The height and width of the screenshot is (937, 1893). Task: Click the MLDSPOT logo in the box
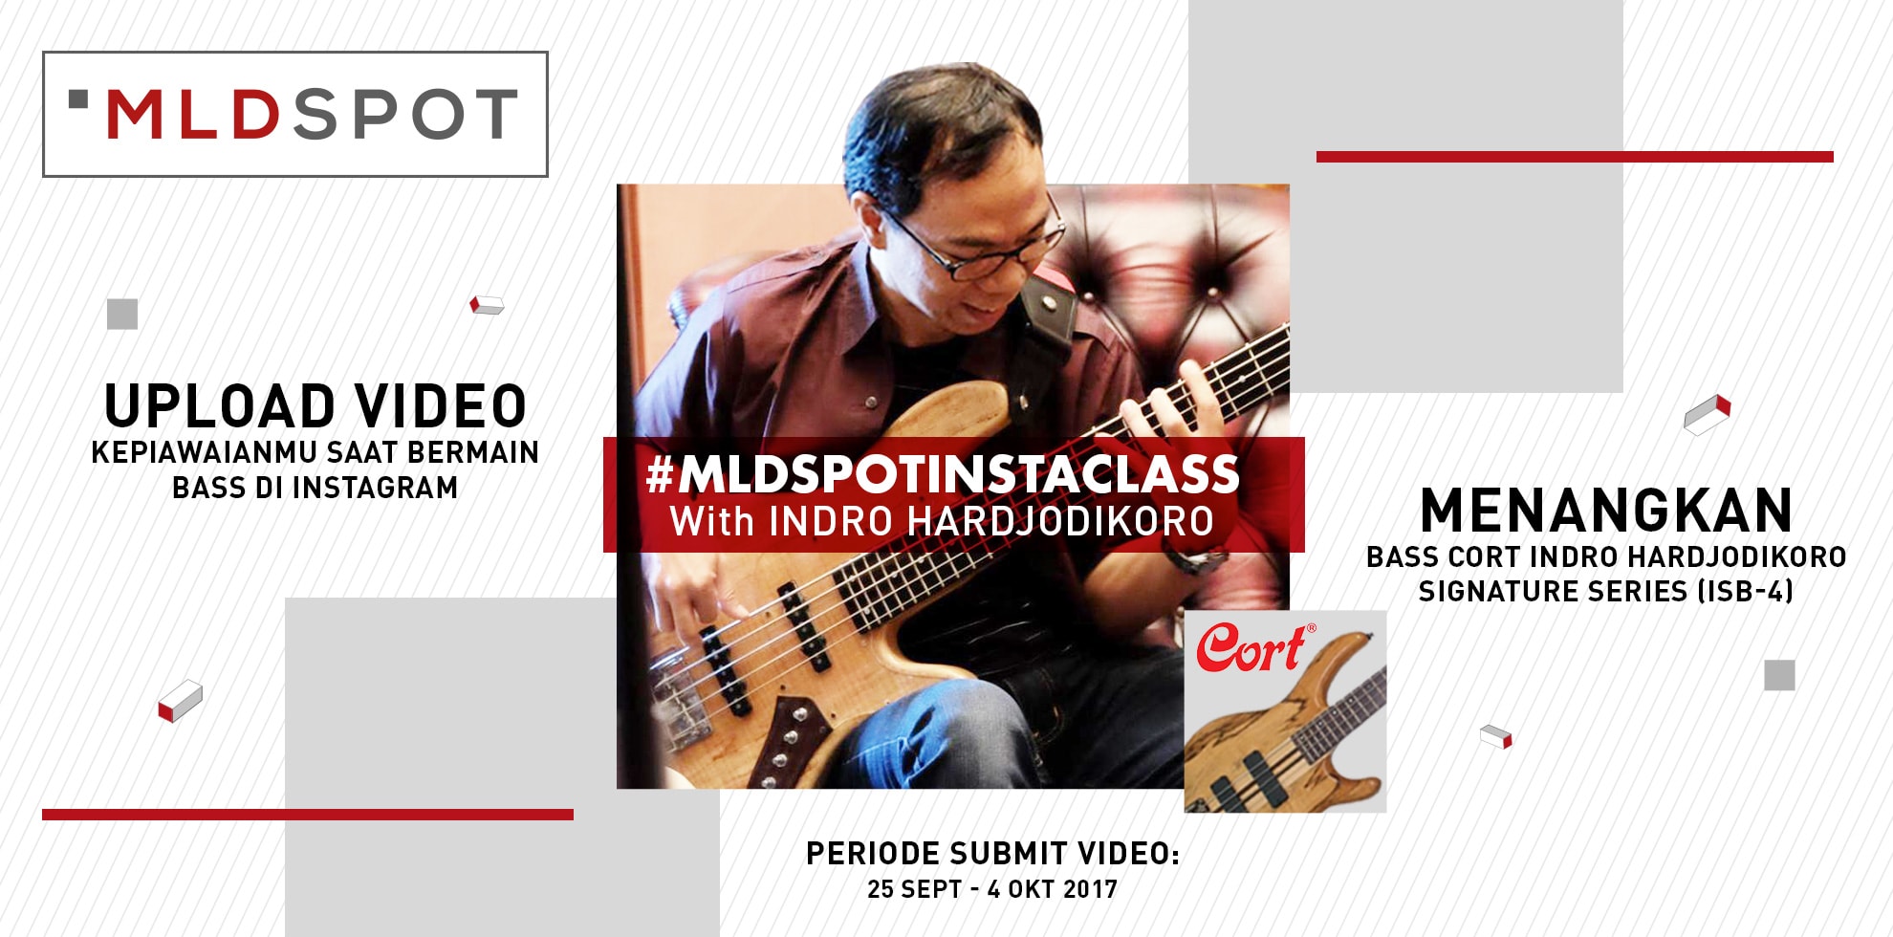(x=294, y=115)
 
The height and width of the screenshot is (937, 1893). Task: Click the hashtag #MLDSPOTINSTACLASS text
(x=942, y=474)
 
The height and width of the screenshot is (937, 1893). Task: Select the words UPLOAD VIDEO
(x=315, y=406)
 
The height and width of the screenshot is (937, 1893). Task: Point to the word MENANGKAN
(x=1605, y=511)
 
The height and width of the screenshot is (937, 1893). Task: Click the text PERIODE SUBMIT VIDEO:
(x=992, y=854)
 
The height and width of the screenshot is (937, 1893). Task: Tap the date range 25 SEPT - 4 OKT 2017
(x=992, y=890)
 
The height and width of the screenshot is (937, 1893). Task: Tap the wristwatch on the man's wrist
(x=1195, y=558)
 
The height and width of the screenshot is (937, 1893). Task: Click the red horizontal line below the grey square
(x=307, y=815)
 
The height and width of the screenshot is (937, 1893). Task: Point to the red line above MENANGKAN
(x=1574, y=157)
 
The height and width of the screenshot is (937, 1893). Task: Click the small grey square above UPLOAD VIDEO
(x=122, y=314)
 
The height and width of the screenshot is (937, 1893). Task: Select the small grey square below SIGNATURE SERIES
(x=1778, y=675)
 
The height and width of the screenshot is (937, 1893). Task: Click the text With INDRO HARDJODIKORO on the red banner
(x=942, y=522)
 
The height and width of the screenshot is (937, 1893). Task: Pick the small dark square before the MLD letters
(x=78, y=98)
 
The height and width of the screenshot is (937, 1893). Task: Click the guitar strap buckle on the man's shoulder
(x=1049, y=303)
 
